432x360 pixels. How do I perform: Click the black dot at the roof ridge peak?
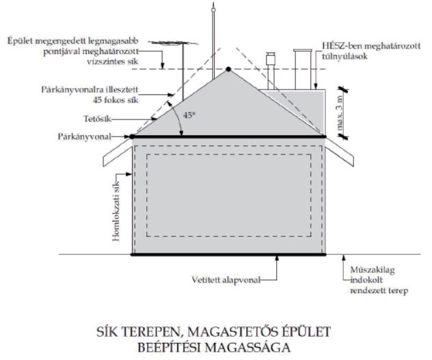228,69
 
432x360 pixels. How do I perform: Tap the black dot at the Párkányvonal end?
132,137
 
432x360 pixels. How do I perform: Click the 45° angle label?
189,115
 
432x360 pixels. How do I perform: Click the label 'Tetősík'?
97,119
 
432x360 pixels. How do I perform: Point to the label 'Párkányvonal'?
84,137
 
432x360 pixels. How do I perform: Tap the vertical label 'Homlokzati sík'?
116,211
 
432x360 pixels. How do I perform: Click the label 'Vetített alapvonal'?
226,280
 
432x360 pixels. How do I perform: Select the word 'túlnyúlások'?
345,57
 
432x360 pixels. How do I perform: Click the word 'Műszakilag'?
373,270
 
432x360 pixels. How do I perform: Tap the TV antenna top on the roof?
173,42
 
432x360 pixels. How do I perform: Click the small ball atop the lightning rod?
213,10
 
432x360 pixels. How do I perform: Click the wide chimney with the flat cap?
303,70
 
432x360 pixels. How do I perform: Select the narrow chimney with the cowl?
270,71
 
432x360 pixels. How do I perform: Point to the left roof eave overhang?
118,152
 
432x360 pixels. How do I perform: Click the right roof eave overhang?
340,152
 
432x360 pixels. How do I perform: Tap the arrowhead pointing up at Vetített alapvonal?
277,258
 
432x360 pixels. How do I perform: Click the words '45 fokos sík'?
116,100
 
